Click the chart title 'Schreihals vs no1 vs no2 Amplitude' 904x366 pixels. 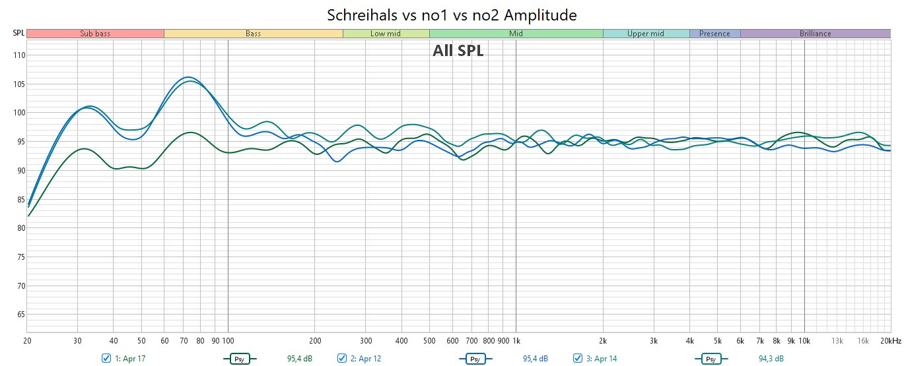(x=452, y=15)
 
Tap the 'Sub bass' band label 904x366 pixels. (x=95, y=34)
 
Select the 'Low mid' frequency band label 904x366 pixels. (x=386, y=34)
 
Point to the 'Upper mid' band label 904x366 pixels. (x=646, y=34)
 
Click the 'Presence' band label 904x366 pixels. (x=714, y=34)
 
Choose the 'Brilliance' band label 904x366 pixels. (x=815, y=34)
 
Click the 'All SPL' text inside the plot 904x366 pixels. (x=458, y=51)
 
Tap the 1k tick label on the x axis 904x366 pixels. (x=516, y=341)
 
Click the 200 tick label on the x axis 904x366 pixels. (x=315, y=341)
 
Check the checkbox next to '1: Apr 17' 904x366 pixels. (x=106, y=358)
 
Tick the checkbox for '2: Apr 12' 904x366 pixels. (x=342, y=358)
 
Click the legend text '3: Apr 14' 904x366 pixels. (x=601, y=358)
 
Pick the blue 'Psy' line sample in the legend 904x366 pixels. (x=475, y=359)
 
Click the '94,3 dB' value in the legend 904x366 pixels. (x=771, y=358)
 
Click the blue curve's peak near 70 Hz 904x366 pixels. (x=188, y=77)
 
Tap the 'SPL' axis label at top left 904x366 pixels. (x=18, y=33)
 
